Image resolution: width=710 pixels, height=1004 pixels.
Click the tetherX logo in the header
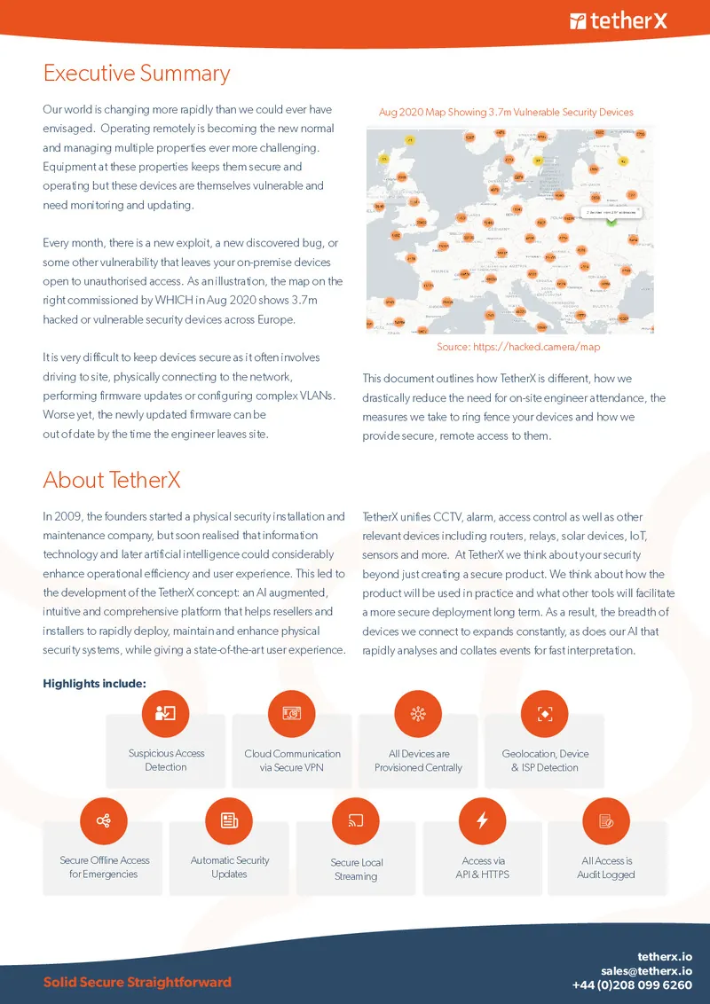[x=618, y=20]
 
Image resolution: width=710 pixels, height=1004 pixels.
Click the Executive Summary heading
[x=137, y=73]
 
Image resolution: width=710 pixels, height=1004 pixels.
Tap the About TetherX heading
[x=112, y=480]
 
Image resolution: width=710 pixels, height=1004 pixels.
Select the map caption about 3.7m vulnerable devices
[x=506, y=113]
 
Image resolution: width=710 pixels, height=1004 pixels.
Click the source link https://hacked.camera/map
[x=518, y=347]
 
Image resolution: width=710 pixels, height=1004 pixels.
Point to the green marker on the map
[x=611, y=221]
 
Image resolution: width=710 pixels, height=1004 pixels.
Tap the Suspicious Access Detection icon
[x=166, y=713]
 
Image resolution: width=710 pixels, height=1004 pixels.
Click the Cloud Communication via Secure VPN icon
[x=292, y=713]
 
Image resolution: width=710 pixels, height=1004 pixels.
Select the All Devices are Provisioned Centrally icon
[x=418, y=713]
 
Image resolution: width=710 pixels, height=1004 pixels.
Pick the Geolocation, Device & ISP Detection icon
[x=545, y=713]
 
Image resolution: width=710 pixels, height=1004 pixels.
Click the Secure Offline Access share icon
[x=104, y=820]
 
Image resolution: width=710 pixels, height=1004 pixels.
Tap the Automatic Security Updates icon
[x=229, y=820]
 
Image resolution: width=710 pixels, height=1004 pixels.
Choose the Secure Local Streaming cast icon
[x=356, y=820]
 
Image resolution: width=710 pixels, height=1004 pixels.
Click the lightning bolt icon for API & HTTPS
[x=482, y=820]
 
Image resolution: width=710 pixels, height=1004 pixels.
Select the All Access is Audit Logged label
[x=607, y=867]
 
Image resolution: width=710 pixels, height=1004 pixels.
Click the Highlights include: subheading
[x=94, y=683]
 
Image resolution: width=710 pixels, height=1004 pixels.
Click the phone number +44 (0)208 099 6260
[x=632, y=985]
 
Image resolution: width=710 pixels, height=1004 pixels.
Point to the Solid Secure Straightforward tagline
[x=137, y=982]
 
